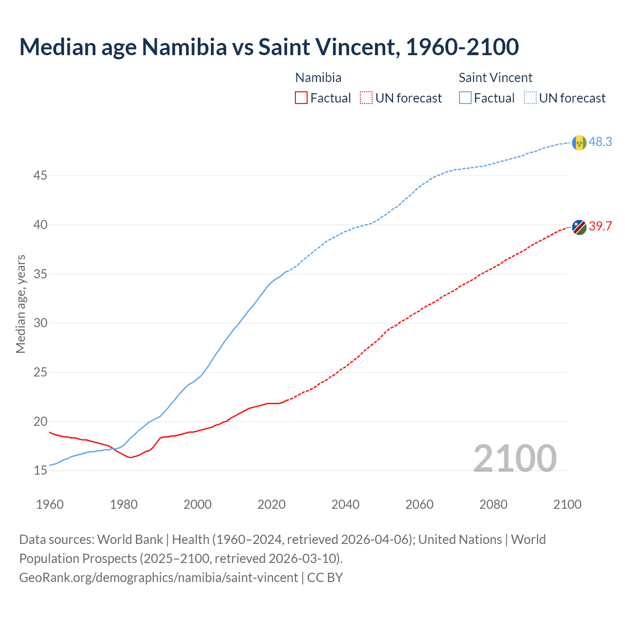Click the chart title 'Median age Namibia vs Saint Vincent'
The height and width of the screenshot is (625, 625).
269,47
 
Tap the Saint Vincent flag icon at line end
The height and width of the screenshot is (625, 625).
579,143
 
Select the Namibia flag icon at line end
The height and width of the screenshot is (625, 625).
579,227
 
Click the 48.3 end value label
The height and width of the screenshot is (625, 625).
600,142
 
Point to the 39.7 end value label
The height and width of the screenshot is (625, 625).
600,227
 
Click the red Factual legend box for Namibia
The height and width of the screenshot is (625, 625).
301,98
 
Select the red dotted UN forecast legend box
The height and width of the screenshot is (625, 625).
366,98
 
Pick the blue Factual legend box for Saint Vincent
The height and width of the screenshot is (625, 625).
465,98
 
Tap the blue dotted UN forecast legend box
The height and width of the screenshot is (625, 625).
530,98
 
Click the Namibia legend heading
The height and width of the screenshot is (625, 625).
318,78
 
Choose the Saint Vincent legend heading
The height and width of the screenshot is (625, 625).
495,78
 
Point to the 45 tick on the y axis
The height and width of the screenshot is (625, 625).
40,175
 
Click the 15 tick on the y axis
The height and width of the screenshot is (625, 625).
40,471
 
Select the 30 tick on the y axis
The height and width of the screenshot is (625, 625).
40,323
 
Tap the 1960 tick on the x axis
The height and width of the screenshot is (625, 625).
50,504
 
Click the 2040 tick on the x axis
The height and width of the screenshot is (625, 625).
345,504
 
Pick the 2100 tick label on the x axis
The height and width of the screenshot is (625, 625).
567,504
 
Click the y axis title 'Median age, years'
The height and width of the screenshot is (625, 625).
21,304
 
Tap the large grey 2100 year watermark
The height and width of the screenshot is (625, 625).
515,458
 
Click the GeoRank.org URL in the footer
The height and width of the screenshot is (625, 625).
158,578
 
